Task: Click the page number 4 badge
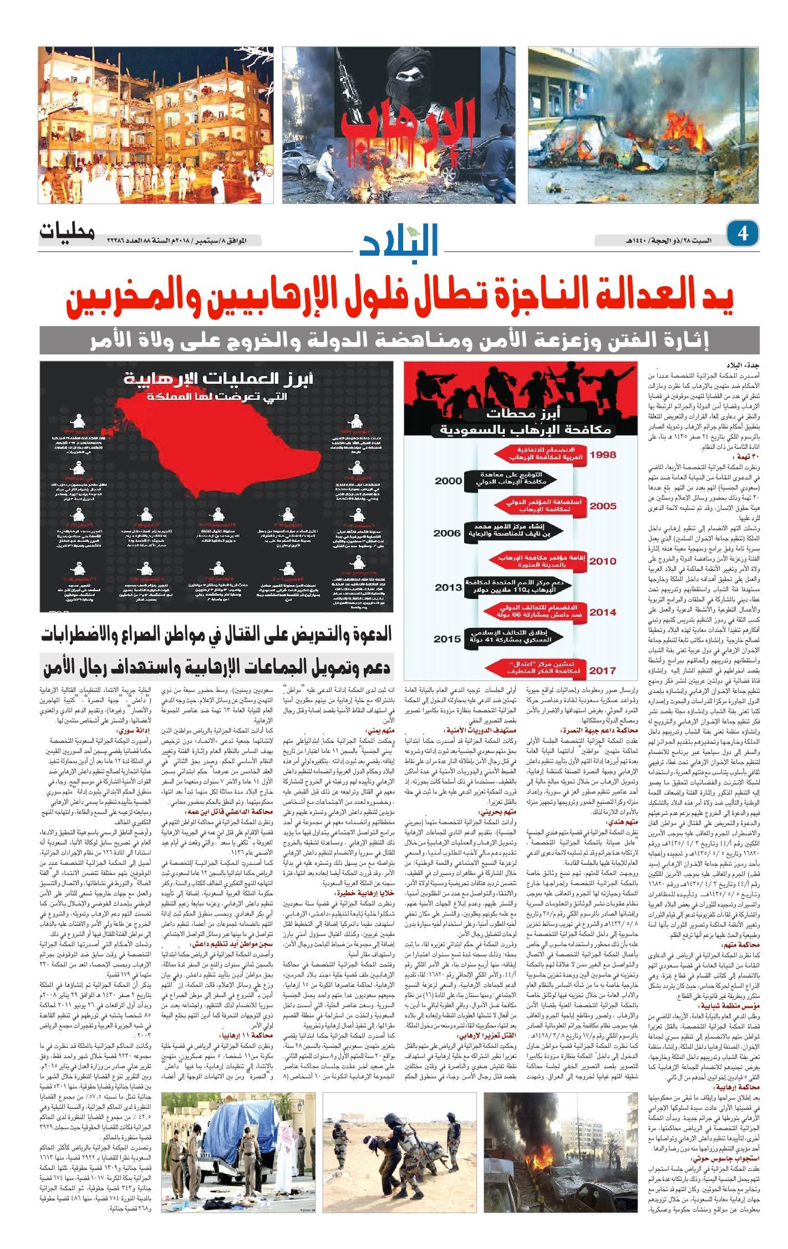tap(743, 233)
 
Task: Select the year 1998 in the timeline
tap(602, 455)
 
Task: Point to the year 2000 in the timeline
tap(448, 481)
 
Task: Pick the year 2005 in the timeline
tap(602, 506)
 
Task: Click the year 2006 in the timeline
tap(447, 533)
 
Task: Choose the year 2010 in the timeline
tap(602, 561)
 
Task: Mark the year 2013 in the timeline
tap(448, 587)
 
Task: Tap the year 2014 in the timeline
tap(602, 612)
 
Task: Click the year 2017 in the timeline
tap(602, 671)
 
